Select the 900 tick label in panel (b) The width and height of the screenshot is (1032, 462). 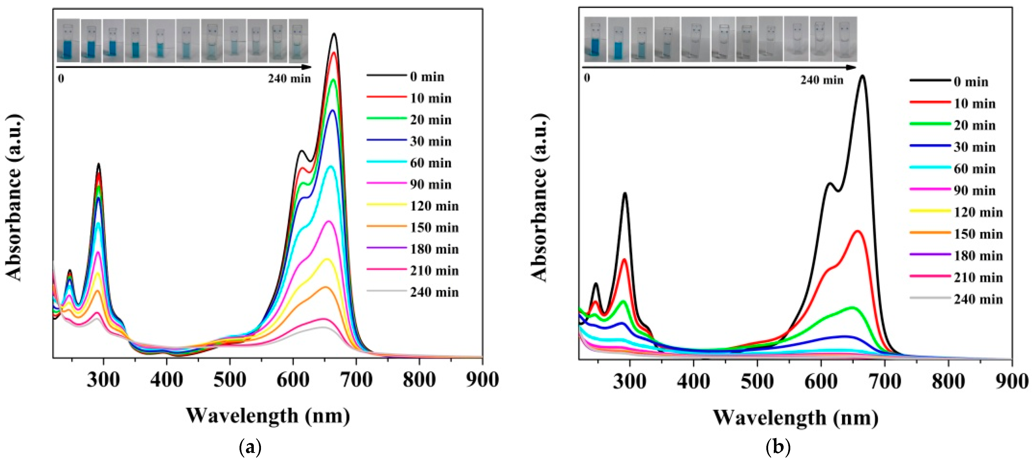pos(1012,381)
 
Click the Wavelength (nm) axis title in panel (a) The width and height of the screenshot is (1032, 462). pos(268,416)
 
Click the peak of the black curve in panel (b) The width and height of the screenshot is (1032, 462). pos(862,76)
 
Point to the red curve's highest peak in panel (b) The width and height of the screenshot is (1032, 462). pos(857,231)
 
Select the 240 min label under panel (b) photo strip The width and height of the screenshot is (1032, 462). pos(822,80)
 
